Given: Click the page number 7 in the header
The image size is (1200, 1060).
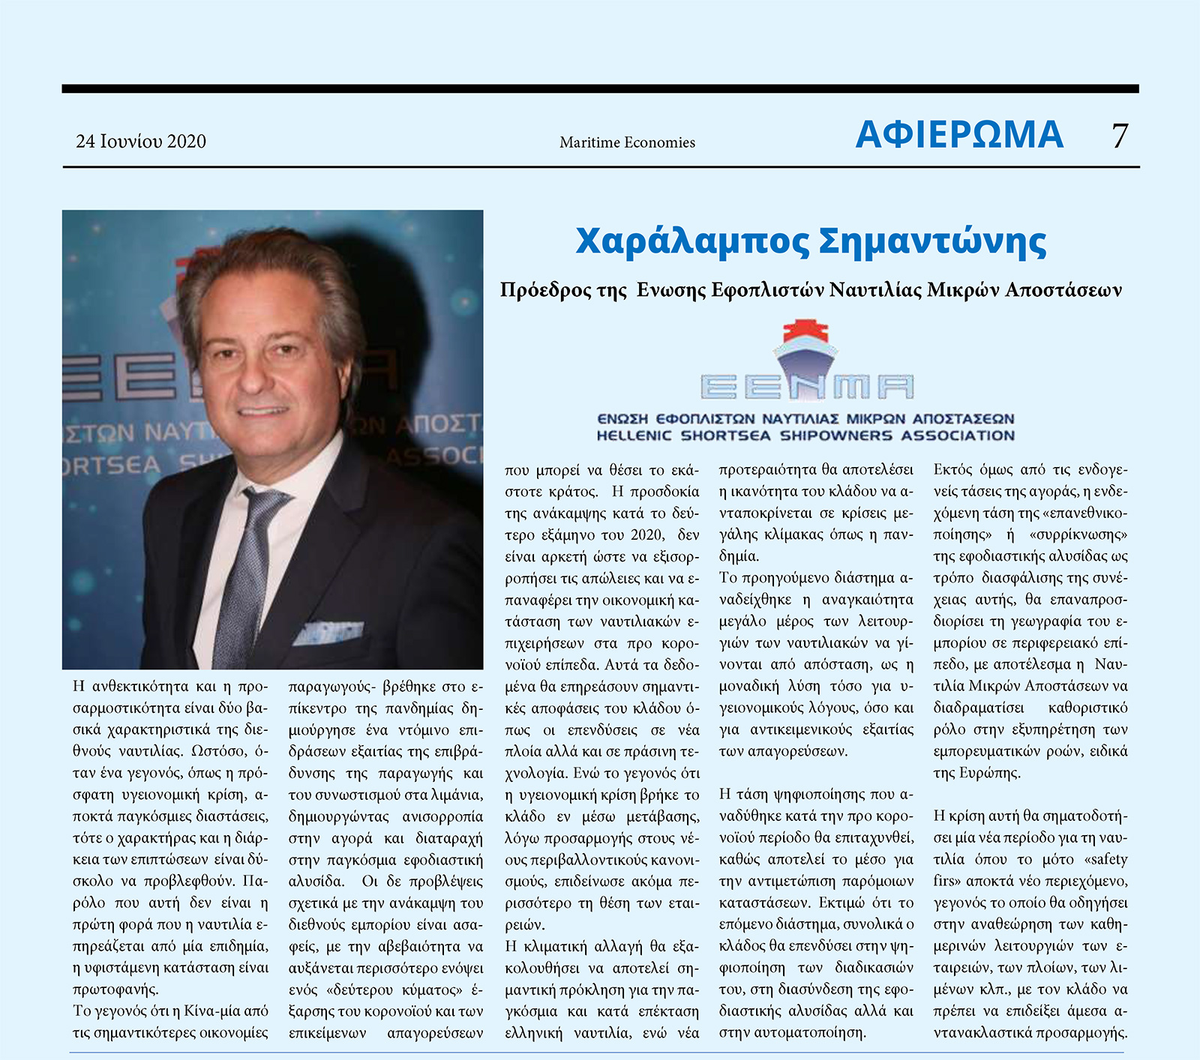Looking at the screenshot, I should coord(1120,136).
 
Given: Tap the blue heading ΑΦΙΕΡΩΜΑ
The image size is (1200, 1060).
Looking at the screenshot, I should coord(959,135).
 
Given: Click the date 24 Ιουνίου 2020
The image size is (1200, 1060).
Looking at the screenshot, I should coord(141,142).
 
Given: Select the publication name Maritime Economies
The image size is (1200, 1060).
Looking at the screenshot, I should coord(627,142).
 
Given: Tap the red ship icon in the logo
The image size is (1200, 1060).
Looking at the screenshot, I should coord(805,332).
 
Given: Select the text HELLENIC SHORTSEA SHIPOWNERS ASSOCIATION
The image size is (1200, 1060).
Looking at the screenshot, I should coord(805,436).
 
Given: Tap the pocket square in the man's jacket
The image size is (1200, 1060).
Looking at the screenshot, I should coord(330,632).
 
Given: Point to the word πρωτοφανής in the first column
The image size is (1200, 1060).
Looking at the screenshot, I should coord(115,989).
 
